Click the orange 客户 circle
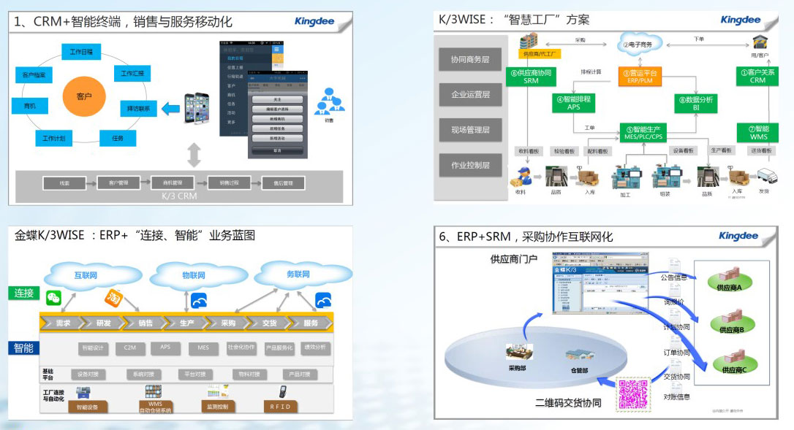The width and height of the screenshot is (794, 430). click(84, 96)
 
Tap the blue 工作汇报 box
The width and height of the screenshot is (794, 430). click(132, 74)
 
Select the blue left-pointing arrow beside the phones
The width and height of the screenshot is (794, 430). click(170, 109)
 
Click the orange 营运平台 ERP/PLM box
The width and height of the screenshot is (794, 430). click(640, 76)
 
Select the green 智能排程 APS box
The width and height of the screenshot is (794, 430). click(574, 103)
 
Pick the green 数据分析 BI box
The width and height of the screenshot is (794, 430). click(696, 103)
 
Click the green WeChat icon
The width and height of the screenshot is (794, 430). click(53, 296)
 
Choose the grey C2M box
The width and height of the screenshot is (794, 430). click(130, 348)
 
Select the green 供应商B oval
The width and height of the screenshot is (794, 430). click(731, 325)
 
